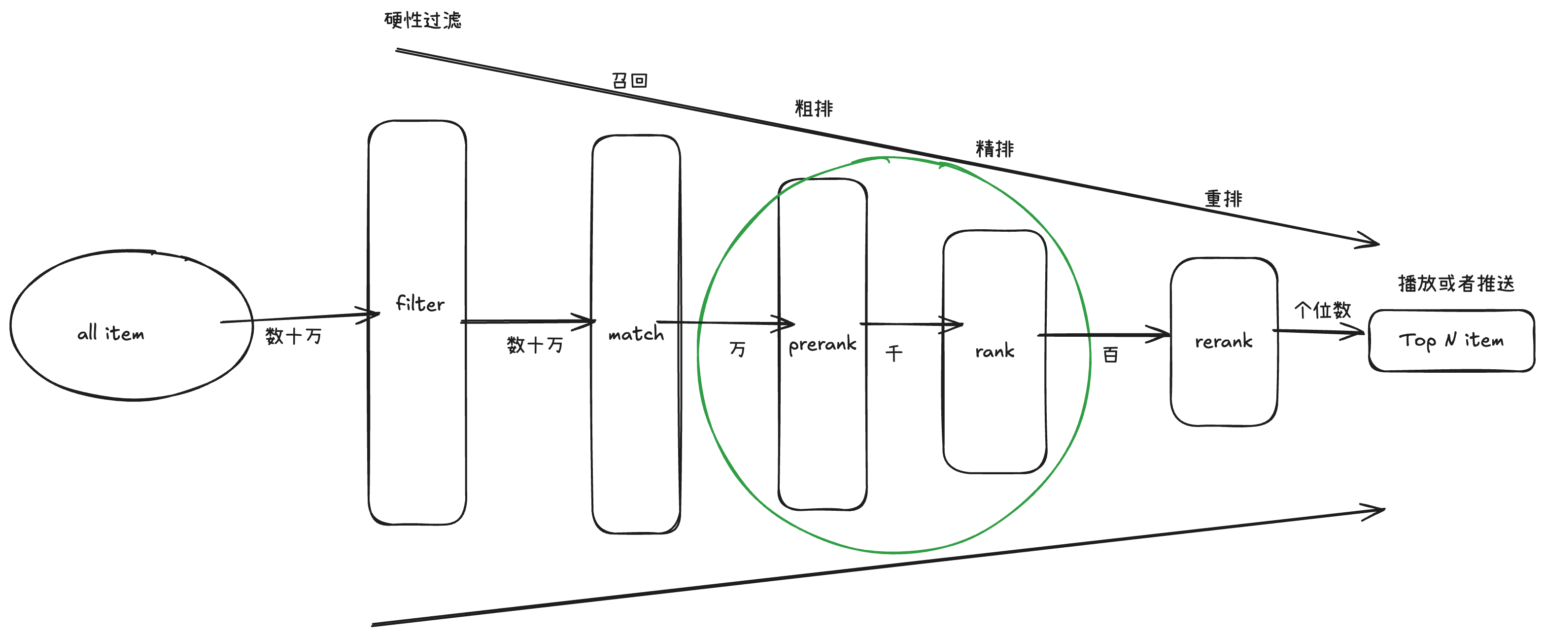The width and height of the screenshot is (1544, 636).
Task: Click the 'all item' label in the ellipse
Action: [111, 333]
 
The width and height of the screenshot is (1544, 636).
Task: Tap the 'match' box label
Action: [636, 333]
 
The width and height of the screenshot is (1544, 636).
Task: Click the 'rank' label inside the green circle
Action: [995, 350]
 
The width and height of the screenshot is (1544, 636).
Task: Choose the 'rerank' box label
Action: [1223, 341]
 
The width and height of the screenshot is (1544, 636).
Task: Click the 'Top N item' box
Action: [1451, 341]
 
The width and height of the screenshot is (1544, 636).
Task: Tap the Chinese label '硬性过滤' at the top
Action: [422, 20]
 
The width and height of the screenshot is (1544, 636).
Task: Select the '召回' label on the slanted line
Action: [629, 80]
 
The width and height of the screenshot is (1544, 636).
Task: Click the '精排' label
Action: [995, 149]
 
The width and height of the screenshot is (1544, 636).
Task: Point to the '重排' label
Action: [1223, 198]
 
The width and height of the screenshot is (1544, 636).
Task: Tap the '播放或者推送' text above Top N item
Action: [1456, 283]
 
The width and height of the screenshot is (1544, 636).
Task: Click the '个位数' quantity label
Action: [1322, 310]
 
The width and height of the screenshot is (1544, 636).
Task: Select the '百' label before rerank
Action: [1110, 355]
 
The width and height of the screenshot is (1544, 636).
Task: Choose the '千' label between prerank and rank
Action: [893, 353]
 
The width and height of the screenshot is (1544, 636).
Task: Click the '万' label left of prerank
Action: [737, 349]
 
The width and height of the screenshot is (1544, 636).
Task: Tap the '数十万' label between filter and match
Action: [535, 344]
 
